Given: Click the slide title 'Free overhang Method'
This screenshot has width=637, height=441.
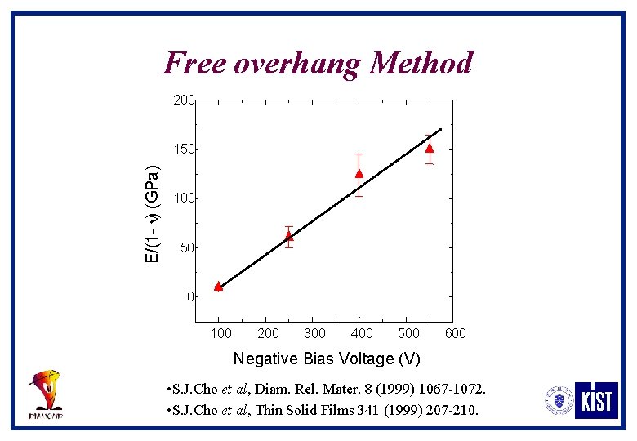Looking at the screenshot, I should [318, 63].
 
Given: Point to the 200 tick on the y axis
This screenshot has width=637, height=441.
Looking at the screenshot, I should [183, 100].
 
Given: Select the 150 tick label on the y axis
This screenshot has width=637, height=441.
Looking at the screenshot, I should [183, 149].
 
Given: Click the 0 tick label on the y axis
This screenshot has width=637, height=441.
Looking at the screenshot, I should [190, 296].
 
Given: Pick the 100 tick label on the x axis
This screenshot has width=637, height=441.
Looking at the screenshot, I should [220, 333].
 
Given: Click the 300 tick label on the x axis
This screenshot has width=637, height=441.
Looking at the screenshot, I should [314, 333].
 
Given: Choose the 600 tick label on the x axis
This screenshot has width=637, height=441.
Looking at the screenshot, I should [456, 333].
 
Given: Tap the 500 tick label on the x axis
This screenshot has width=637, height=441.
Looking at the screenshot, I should [408, 333].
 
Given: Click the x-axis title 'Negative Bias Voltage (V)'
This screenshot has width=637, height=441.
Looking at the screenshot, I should [327, 359].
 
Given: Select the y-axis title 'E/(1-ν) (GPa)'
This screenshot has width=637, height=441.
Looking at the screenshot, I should [152, 214].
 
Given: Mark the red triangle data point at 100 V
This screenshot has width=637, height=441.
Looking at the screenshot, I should [218, 286].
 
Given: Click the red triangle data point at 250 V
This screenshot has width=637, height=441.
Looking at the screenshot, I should [288, 236].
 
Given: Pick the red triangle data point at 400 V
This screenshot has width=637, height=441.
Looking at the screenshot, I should [359, 173].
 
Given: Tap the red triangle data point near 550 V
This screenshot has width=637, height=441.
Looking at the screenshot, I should [430, 149].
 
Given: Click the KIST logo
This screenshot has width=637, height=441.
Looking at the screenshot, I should [596, 400].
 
